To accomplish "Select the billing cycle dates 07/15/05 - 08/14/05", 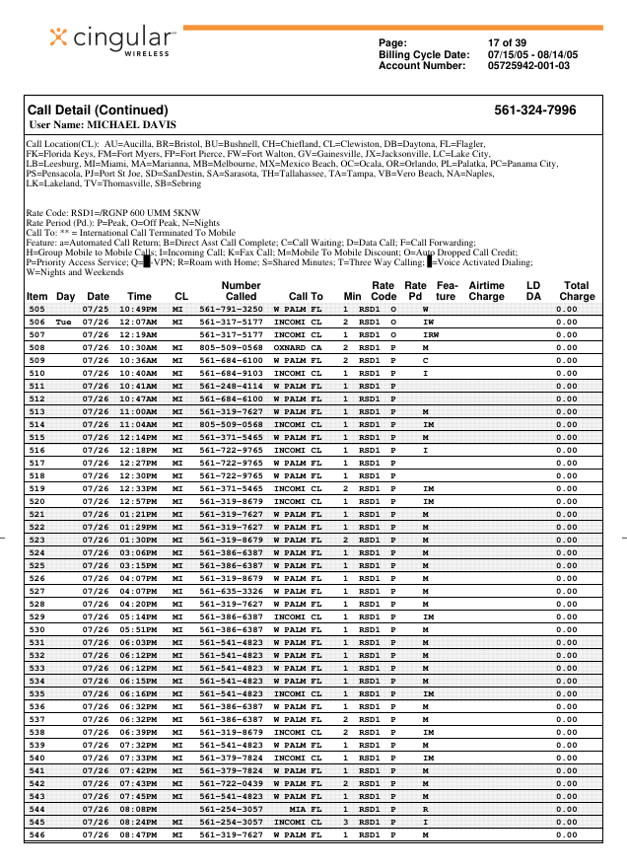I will coord(533,54).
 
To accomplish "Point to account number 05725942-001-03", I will coord(528,66).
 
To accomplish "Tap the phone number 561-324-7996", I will coord(535,110).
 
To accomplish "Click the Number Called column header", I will coord(241,290).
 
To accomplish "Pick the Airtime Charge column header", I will coord(486,290).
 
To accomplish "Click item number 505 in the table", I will coord(36,309).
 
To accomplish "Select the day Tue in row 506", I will coord(64,322).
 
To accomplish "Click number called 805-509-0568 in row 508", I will coord(232,347).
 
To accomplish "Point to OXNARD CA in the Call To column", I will coord(298,347).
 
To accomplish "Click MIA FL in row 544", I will coord(306,809).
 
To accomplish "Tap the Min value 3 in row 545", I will coord(345,822).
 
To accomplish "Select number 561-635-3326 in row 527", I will coord(232,591).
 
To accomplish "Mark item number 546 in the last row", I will coord(36,834).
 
